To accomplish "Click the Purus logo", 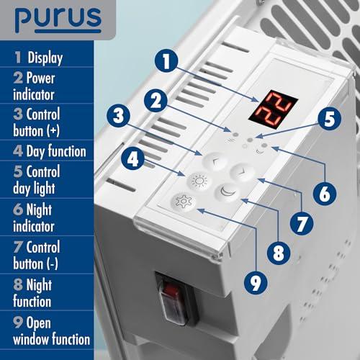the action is (x=58, y=20).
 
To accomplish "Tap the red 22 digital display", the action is (x=274, y=109).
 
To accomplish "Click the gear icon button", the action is (x=184, y=202).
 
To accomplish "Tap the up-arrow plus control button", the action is (x=215, y=161).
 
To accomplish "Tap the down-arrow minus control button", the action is (x=243, y=172).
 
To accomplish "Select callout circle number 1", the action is (x=166, y=61).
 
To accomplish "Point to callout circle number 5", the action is (x=329, y=118).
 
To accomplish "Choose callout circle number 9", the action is (x=256, y=282).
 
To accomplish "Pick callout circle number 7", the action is (x=302, y=224).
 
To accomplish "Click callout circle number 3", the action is (x=118, y=115).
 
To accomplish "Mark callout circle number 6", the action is (x=325, y=194).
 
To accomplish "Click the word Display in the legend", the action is (x=45, y=58).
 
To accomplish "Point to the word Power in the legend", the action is (x=40, y=78).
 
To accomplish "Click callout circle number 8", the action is (x=279, y=253).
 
